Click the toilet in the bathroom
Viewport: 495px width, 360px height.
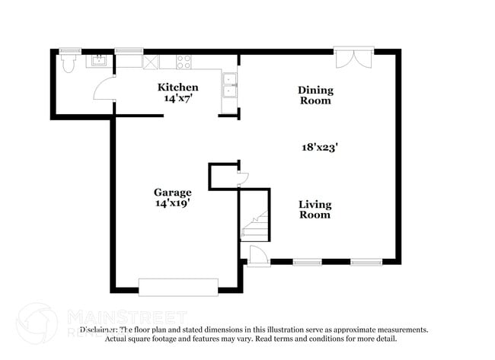coord(69,62)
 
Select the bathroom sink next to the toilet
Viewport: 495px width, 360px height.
coord(98,61)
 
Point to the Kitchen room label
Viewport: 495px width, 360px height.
coord(177,88)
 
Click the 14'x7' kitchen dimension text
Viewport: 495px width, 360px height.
coord(177,99)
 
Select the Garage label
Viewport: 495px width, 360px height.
coord(172,193)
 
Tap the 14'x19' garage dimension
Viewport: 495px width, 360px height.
coord(172,203)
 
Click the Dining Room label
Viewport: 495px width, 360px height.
coord(315,95)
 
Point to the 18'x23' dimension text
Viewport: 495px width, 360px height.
coord(319,148)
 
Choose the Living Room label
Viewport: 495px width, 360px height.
coord(315,209)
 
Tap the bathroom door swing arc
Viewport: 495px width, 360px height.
coord(102,91)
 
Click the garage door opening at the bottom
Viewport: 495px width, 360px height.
coord(178,287)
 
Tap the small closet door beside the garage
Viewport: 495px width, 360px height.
coord(241,179)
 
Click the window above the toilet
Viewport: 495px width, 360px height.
coord(70,51)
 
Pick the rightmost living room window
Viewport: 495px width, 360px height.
coord(366,262)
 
